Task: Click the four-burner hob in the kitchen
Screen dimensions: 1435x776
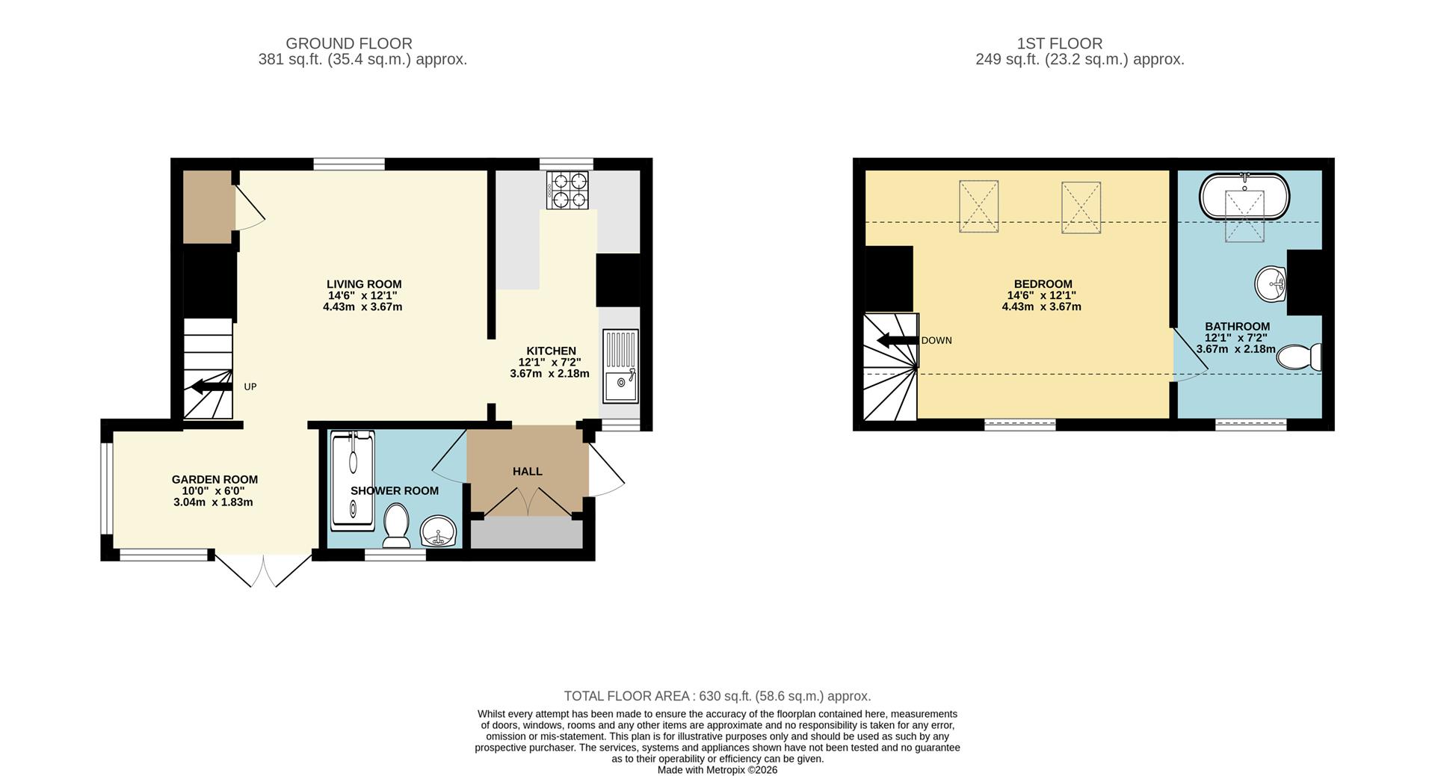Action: [567, 190]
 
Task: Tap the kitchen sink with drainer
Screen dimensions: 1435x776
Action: [621, 366]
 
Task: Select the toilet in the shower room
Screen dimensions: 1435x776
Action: [395, 525]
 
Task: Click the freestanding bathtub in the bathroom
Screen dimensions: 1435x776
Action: [1244, 196]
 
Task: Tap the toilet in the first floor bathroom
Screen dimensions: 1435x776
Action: [1299, 357]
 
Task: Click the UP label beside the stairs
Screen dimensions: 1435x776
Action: [250, 387]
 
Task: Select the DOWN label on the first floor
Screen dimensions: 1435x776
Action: [936, 341]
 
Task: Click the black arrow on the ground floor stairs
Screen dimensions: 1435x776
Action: [212, 387]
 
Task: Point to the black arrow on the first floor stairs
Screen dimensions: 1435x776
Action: [898, 341]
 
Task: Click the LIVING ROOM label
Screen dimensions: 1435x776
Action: [364, 284]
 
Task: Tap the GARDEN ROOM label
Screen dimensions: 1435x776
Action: [215, 480]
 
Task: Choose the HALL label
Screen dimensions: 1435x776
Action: [528, 472]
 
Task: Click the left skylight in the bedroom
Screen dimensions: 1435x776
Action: [979, 206]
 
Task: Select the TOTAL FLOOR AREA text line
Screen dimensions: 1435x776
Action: [717, 696]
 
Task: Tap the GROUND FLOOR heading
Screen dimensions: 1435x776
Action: [349, 43]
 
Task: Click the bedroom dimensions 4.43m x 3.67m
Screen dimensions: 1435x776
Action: [1042, 307]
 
